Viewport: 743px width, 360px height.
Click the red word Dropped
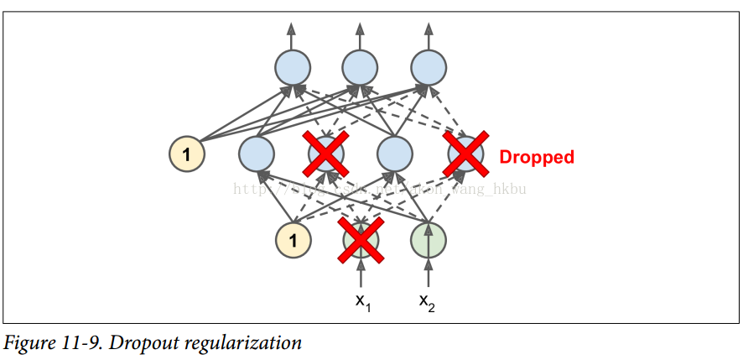(537, 157)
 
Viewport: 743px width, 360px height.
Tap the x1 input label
(361, 301)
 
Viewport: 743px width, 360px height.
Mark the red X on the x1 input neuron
(361, 240)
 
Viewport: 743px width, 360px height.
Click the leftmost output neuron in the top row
(292, 67)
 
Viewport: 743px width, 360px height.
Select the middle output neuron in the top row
(360, 67)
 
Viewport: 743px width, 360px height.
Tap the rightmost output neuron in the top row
(429, 67)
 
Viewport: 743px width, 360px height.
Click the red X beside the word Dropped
(465, 154)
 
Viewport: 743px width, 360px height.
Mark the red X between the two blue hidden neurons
(325, 154)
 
